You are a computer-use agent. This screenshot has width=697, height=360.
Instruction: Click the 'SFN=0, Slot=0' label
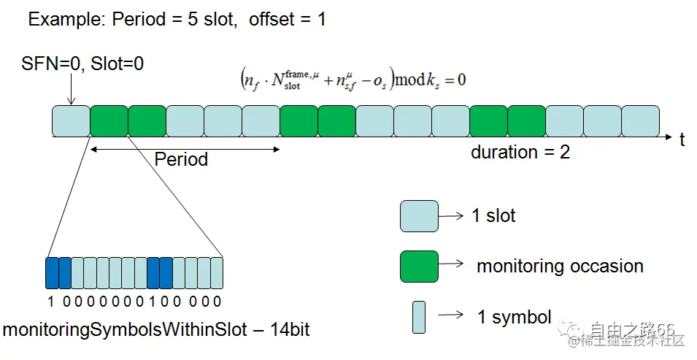(82, 64)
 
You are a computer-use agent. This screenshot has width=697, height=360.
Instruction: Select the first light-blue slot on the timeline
(71, 121)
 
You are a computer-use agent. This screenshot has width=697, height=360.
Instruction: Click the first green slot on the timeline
(109, 121)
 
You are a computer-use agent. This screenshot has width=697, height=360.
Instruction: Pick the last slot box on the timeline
(640, 121)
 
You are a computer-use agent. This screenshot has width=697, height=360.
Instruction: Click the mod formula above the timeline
(353, 78)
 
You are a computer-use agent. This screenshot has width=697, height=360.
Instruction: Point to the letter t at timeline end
(682, 139)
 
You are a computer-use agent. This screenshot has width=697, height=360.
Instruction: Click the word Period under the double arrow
(181, 160)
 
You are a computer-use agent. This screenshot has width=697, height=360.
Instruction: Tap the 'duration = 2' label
(520, 153)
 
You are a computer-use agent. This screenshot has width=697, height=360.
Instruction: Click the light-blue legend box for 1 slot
(419, 216)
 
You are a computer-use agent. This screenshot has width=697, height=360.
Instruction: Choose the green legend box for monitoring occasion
(419, 266)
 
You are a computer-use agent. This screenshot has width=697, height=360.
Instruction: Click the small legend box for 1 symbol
(418, 317)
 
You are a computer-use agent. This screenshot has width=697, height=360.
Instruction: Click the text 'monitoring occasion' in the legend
(560, 267)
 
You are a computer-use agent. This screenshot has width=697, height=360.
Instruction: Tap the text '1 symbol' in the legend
(515, 318)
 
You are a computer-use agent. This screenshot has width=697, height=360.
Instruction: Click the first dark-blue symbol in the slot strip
(52, 273)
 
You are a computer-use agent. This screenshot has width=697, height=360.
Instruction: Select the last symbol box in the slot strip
(217, 273)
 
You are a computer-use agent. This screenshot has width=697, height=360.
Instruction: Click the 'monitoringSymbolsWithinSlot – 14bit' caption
(156, 330)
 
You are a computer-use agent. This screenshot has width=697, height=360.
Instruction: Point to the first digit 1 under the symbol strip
(51, 301)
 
